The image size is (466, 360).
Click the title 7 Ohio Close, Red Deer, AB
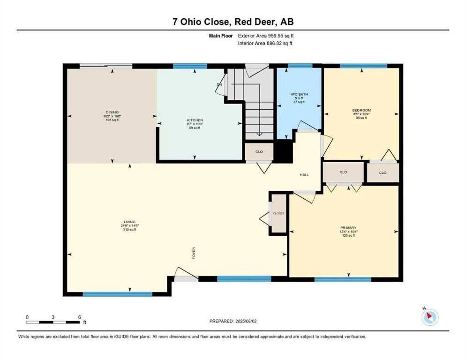233,22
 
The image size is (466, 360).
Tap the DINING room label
112,112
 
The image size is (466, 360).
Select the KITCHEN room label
195,120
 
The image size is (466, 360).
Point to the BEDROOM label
361,111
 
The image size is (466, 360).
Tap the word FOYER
194,253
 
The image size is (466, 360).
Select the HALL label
304,175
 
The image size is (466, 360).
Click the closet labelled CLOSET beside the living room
279,213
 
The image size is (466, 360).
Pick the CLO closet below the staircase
259,152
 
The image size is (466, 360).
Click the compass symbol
429,317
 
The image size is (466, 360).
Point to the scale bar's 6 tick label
80,317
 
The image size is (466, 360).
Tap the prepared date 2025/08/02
248,321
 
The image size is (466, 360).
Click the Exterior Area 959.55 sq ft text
266,35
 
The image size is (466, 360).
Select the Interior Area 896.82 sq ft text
266,43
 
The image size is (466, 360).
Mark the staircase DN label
219,84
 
